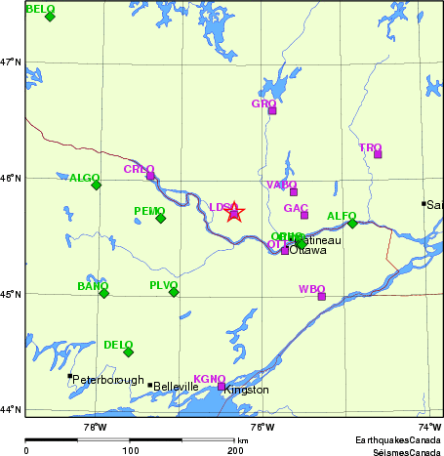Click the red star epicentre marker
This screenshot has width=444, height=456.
[x=234, y=211]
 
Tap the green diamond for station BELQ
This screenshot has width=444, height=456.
[x=50, y=17]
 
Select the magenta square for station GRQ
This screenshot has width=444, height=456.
[x=272, y=110]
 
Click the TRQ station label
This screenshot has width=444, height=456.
[x=370, y=147]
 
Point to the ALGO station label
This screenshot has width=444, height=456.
[x=84, y=178]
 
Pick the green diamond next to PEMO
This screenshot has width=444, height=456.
[x=161, y=218]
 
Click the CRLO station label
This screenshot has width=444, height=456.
[x=138, y=169]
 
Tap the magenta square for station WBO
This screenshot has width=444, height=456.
[x=322, y=296]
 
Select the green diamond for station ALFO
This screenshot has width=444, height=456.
[x=352, y=223]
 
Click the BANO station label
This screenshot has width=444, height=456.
[x=92, y=286]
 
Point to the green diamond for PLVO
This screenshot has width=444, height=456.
[x=174, y=292]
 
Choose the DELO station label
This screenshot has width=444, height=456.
[x=117, y=345]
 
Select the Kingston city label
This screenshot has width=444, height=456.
[x=246, y=390]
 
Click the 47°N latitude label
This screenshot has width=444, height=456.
[x=11, y=62]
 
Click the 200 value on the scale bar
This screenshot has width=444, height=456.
[x=235, y=451]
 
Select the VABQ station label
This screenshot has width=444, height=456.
[x=281, y=185]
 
